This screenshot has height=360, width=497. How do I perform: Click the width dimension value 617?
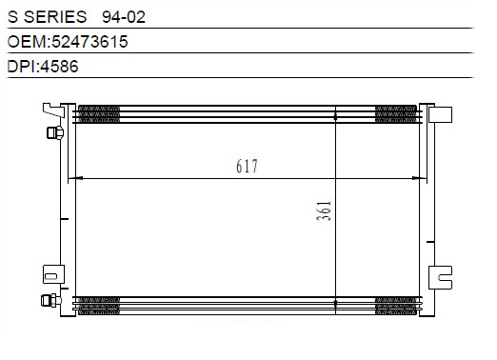tap(247, 166)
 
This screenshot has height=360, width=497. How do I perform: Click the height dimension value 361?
tap(324, 210)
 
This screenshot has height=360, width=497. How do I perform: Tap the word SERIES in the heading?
tap(55, 16)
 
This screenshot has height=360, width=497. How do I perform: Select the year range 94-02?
tap(124, 17)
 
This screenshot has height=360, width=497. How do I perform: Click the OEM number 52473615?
tap(89, 42)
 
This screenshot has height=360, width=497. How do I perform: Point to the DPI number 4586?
tap(59, 67)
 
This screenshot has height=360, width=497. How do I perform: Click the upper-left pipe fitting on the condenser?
tap(55, 132)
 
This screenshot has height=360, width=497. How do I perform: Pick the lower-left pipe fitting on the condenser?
tap(51, 300)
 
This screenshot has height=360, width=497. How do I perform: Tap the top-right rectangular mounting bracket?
tap(440, 114)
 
